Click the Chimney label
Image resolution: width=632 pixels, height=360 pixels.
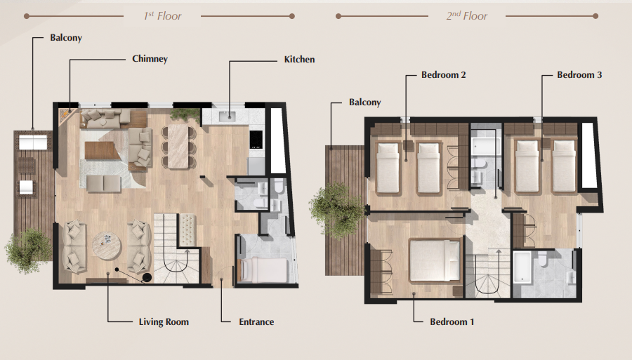150,59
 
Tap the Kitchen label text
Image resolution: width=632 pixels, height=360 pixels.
299,60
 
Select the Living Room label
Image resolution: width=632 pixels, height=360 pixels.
164,322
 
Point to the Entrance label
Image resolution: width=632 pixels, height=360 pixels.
256,322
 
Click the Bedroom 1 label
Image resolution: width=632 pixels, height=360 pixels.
452,322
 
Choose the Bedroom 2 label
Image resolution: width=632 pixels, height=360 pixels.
443,75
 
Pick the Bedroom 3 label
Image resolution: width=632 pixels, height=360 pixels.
579,75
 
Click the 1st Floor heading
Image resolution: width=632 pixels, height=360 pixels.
162,16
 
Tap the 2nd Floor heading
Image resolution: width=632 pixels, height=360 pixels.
467,16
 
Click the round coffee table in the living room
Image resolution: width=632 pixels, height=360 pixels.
107,246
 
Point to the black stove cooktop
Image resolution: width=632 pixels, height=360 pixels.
256,140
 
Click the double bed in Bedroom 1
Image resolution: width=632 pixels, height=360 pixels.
435,260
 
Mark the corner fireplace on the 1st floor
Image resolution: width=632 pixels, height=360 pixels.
66,115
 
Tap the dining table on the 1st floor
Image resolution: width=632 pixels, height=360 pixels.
178,146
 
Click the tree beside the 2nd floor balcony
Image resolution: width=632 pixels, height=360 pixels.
337,211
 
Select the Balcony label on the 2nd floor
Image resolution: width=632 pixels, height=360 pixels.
364,102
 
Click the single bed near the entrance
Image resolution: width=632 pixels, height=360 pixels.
263,270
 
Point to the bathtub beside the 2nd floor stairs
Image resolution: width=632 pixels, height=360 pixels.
522,267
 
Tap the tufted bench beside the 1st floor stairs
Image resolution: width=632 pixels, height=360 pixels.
187,230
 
